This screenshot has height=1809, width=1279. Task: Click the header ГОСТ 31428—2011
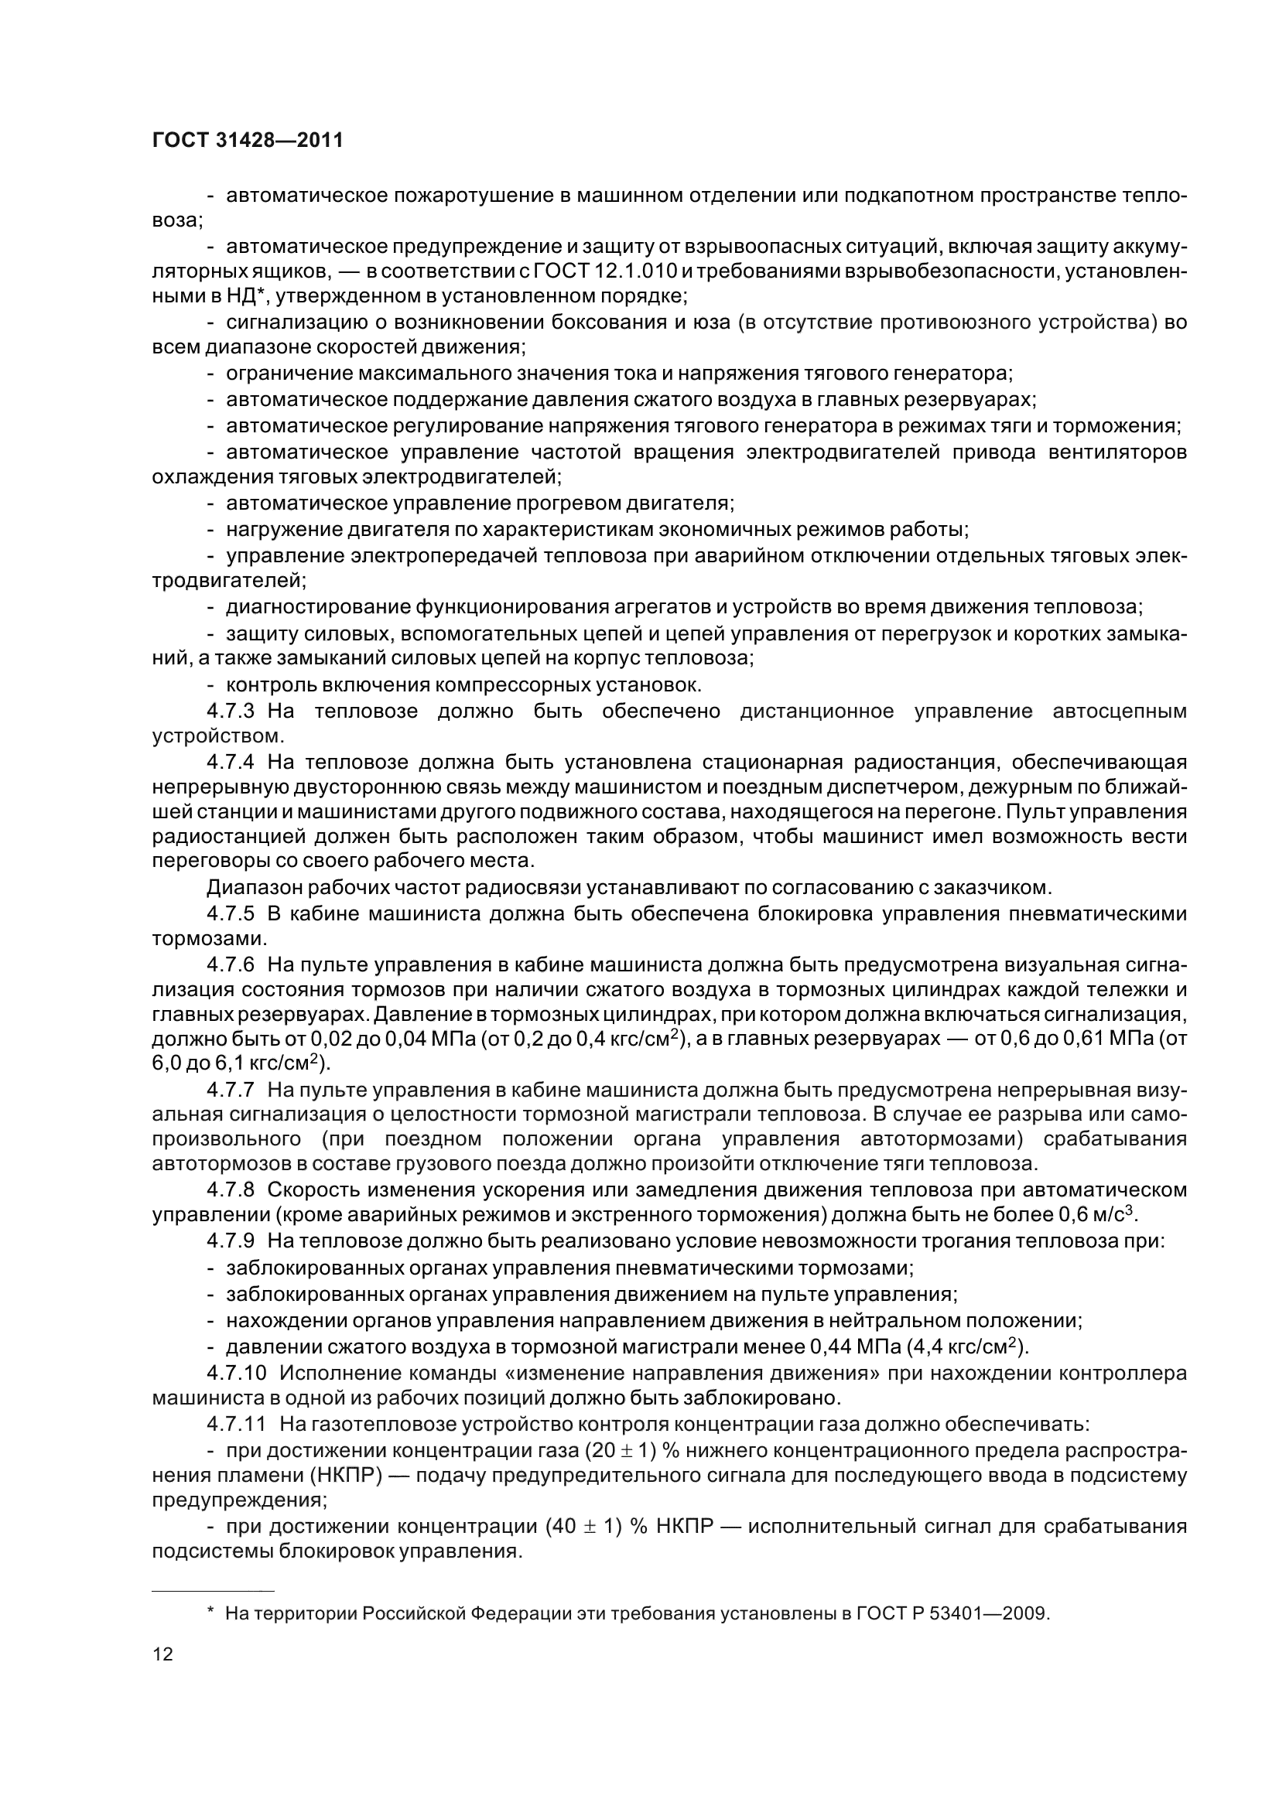click(248, 141)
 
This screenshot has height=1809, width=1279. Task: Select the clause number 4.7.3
click(230, 712)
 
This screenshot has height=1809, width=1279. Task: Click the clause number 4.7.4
click(230, 763)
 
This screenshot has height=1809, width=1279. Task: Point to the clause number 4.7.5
click(230, 914)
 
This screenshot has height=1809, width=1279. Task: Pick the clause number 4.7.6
click(230, 965)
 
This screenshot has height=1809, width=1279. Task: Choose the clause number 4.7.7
click(230, 1091)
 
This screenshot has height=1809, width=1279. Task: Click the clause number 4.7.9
click(230, 1241)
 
